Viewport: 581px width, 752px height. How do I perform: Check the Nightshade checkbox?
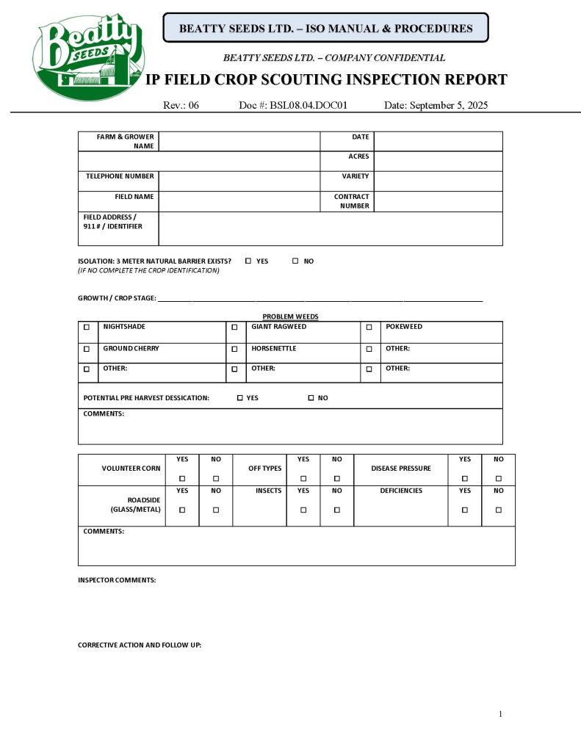click(x=87, y=328)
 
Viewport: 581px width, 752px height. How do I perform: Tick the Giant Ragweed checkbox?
click(x=234, y=328)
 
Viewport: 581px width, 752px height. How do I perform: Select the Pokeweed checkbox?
click(x=369, y=328)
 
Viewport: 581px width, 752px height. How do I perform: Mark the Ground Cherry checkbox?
click(x=87, y=349)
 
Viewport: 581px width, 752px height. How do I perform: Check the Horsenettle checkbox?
click(x=234, y=349)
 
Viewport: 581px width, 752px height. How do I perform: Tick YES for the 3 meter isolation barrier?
click(x=248, y=261)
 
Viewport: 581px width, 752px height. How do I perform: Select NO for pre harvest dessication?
click(x=311, y=398)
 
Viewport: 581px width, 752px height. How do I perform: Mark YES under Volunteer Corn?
click(x=182, y=479)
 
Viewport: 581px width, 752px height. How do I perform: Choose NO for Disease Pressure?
click(x=498, y=479)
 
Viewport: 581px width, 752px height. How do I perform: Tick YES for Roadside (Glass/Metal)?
click(x=182, y=510)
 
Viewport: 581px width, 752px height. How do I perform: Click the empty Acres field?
click(x=438, y=161)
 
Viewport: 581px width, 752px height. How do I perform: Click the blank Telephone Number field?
click(x=239, y=181)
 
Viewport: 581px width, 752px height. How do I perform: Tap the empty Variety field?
click(x=438, y=181)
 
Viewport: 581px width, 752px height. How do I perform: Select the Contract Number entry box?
click(x=438, y=201)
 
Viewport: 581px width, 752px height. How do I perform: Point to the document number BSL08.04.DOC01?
click(x=293, y=106)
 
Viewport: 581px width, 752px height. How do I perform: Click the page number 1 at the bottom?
click(x=500, y=714)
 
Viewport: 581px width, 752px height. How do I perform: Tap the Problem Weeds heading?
click(x=290, y=317)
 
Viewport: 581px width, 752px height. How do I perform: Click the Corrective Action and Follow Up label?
click(x=140, y=645)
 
